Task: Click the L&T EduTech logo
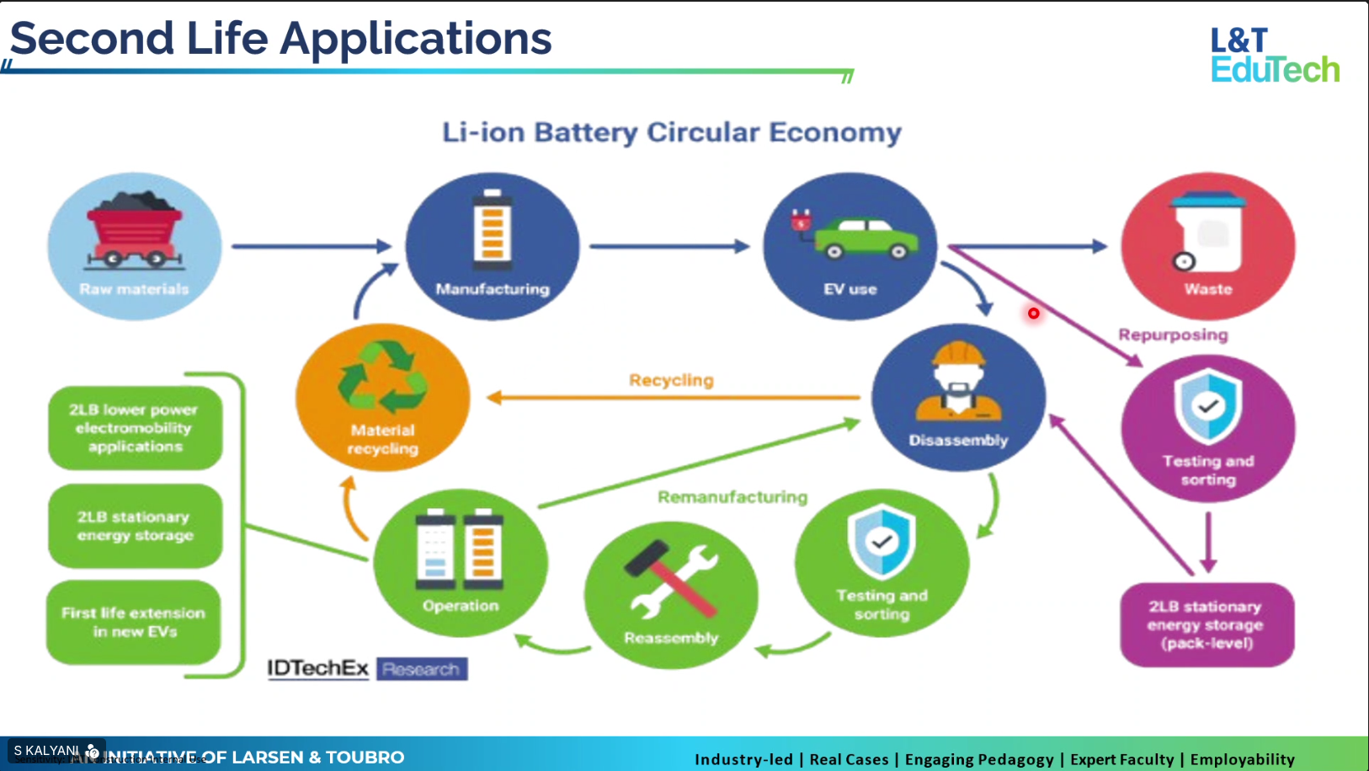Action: (1274, 55)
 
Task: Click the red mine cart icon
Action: (134, 229)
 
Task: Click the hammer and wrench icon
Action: (671, 581)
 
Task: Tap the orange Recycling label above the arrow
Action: (671, 380)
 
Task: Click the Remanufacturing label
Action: (732, 497)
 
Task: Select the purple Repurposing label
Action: (1172, 335)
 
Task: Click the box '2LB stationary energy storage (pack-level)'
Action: (1206, 624)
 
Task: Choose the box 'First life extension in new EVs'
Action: (134, 622)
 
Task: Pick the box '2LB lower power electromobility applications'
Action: (135, 427)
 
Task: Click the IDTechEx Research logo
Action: (367, 669)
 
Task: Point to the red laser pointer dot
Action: (1033, 313)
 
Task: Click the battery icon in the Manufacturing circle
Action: (493, 226)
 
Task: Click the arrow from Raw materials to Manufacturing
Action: (312, 246)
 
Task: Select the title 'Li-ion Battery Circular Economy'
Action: (671, 132)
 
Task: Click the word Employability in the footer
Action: (1242, 759)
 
